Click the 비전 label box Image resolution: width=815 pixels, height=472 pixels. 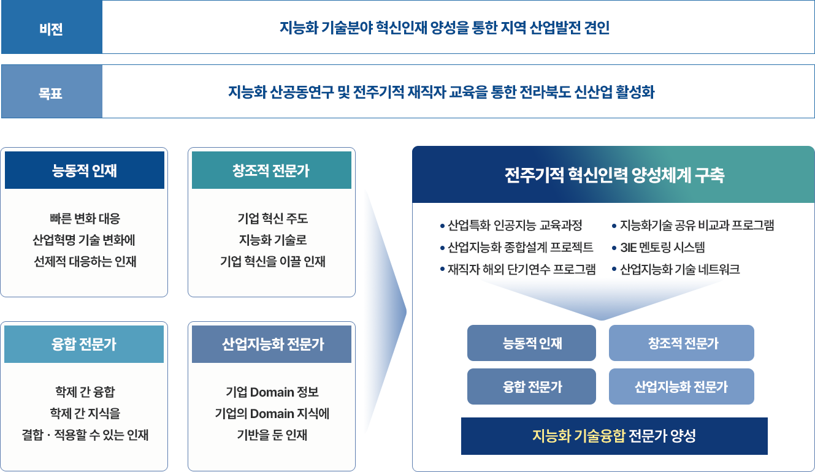(x=52, y=27)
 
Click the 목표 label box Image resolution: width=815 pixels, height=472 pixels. (x=52, y=91)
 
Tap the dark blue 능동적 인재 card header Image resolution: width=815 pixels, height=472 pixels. (x=85, y=170)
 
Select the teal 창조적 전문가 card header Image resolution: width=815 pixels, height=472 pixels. (x=272, y=170)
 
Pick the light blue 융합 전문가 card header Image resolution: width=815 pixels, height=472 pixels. (x=84, y=344)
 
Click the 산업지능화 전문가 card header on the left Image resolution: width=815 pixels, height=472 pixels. (x=272, y=344)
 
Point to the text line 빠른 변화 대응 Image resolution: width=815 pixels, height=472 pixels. (x=85, y=219)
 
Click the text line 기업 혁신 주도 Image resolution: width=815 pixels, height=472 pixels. (x=272, y=219)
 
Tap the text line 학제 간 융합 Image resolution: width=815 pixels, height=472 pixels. (x=85, y=392)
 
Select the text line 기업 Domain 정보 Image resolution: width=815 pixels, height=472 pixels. (x=272, y=392)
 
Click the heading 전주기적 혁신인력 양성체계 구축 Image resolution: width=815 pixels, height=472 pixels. (x=614, y=175)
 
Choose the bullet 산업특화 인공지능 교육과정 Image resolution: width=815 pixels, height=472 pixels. (x=511, y=226)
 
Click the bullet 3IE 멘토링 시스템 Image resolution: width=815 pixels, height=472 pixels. (x=658, y=248)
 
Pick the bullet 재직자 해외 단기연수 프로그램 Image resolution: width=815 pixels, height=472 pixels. (x=518, y=270)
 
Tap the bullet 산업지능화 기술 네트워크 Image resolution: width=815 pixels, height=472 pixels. (x=676, y=270)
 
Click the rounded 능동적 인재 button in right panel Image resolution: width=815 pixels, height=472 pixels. (x=532, y=343)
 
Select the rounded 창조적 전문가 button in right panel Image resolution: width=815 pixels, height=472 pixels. (x=681, y=343)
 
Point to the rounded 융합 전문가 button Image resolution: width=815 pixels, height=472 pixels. (x=532, y=387)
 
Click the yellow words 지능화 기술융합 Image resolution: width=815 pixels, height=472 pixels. (x=578, y=436)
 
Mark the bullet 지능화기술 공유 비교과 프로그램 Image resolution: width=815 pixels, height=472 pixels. (x=693, y=226)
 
